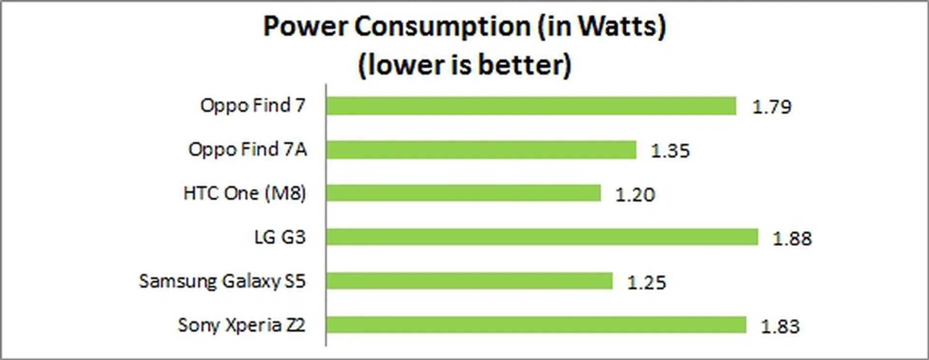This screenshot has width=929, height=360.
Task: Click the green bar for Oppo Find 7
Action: [531, 106]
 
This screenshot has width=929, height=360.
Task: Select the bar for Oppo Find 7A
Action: [481, 150]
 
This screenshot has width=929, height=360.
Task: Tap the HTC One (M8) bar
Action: [463, 193]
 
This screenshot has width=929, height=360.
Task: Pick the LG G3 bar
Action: [542, 237]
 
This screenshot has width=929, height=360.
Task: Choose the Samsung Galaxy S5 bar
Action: [469, 281]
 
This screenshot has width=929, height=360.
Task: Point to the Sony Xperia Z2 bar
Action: [536, 325]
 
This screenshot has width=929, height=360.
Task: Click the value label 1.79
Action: [772, 107]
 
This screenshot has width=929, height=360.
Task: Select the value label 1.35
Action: [670, 151]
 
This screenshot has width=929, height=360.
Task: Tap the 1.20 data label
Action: [635, 195]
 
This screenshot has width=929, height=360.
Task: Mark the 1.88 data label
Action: [792, 239]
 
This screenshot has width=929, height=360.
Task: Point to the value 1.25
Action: [646, 283]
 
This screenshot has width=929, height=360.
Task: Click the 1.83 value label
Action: [780, 327]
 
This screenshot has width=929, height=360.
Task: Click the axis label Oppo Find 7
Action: [253, 105]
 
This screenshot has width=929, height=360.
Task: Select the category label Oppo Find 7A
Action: [247, 150]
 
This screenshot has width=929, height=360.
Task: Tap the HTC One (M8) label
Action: [244, 194]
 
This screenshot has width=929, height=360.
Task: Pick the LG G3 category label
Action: [280, 237]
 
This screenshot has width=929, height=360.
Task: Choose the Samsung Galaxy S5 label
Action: [222, 281]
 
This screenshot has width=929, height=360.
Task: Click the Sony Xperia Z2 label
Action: [241, 325]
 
